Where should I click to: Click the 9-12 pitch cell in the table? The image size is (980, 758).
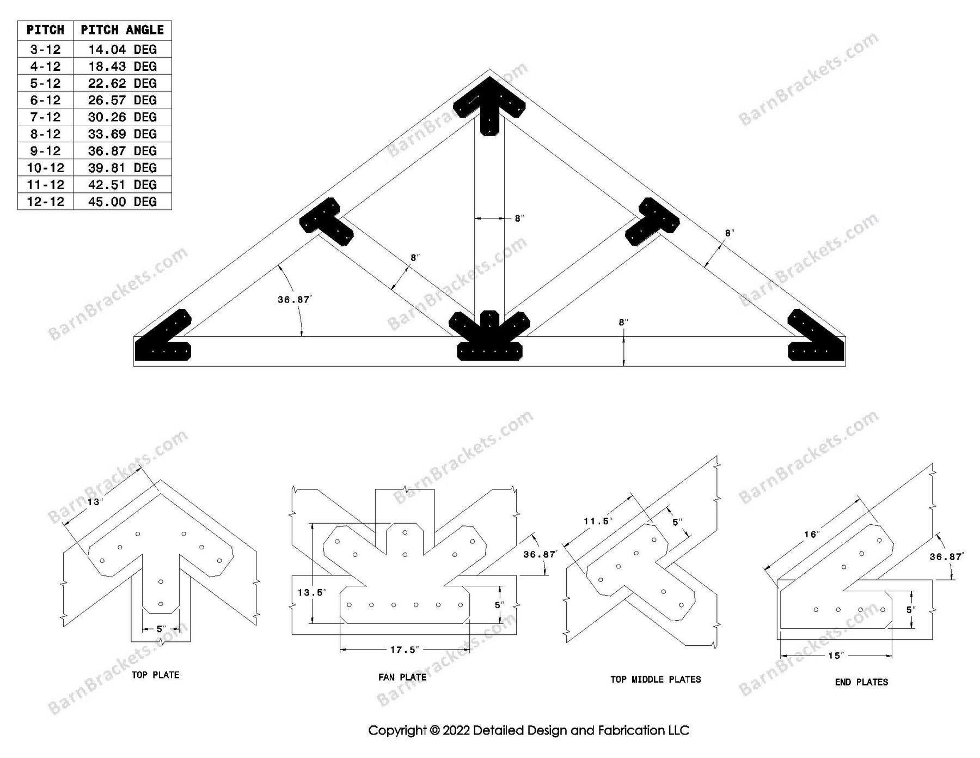pyautogui.click(x=45, y=151)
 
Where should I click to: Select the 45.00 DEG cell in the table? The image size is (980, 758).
pyautogui.click(x=122, y=202)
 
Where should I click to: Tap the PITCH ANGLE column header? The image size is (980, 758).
pyautogui.click(x=122, y=30)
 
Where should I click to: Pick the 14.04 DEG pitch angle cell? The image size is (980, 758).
pyautogui.click(x=122, y=50)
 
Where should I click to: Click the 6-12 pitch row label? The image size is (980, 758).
pyautogui.click(x=45, y=100)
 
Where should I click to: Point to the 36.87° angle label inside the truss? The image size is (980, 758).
pyautogui.click(x=294, y=300)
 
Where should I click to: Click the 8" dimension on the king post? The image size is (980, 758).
pyautogui.click(x=519, y=219)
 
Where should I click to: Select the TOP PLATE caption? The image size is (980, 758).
pyautogui.click(x=155, y=675)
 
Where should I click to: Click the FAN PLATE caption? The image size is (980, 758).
pyautogui.click(x=402, y=677)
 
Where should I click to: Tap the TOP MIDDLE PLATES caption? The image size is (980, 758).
pyautogui.click(x=656, y=680)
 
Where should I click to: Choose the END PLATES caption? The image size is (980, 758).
pyautogui.click(x=861, y=682)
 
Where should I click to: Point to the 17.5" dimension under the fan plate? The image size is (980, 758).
pyautogui.click(x=404, y=650)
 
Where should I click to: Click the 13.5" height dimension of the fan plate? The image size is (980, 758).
pyautogui.click(x=312, y=592)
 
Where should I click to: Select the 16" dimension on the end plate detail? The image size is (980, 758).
pyautogui.click(x=811, y=535)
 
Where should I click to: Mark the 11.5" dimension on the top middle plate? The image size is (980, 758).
pyautogui.click(x=598, y=521)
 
